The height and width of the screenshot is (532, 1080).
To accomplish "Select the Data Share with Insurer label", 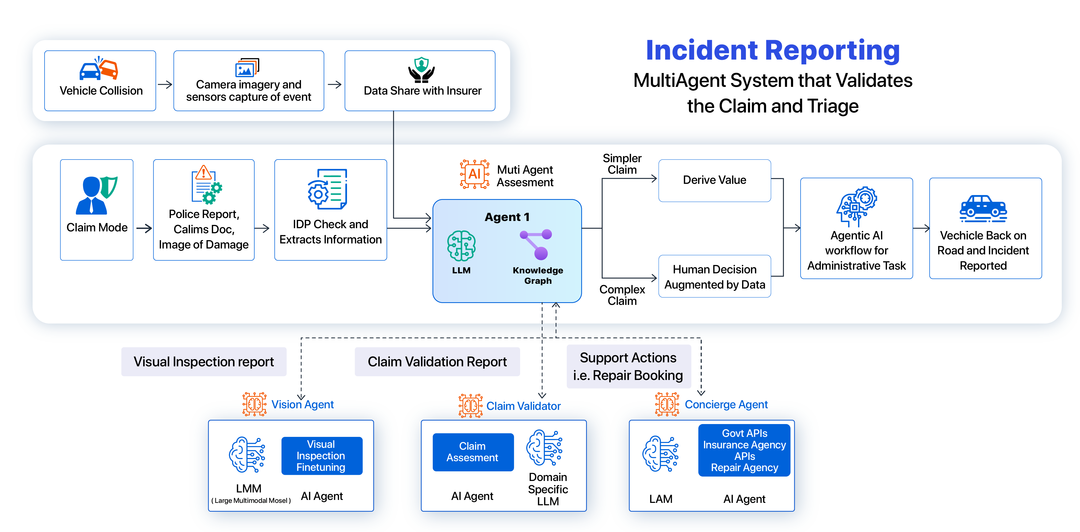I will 422,91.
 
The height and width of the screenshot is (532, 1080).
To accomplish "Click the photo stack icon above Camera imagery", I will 247,68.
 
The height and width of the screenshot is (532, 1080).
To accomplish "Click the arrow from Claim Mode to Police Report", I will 144,228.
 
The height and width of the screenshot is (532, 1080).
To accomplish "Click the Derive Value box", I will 714,180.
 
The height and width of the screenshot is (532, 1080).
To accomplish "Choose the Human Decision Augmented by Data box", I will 714,277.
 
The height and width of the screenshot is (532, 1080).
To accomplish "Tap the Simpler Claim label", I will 622,164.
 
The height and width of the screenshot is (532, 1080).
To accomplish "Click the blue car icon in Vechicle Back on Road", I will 983,208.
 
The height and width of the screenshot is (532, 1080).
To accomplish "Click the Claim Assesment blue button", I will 473,452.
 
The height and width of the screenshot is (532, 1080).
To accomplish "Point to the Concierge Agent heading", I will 726,405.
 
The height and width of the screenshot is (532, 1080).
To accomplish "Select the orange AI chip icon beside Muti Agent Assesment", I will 474,174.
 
